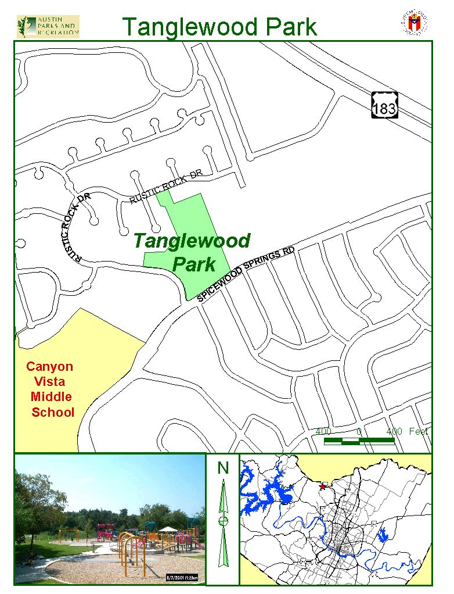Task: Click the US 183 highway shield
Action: (385, 104)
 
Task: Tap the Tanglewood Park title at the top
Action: (219, 27)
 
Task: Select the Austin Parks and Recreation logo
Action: (48, 26)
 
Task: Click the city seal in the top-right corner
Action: (413, 23)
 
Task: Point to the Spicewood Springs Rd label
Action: (246, 274)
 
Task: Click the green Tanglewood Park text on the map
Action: (192, 252)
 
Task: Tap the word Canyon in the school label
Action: (50, 367)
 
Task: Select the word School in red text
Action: (53, 412)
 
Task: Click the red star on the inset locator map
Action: (323, 485)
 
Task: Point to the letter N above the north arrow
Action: (223, 467)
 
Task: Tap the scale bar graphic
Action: (359, 441)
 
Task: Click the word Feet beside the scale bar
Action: (418, 431)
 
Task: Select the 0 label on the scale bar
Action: (359, 431)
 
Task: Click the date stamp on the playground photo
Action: (183, 577)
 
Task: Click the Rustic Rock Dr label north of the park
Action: (165, 187)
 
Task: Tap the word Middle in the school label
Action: (52, 397)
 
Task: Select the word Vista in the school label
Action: (50, 382)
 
